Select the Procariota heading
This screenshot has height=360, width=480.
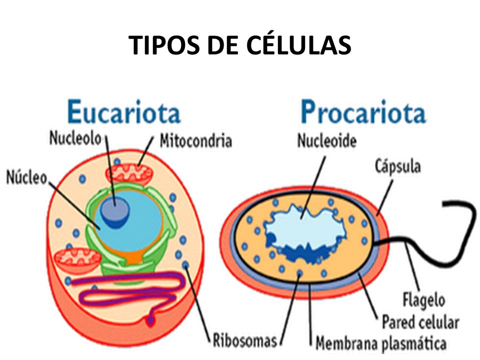point(362,113)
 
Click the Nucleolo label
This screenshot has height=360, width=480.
point(75,138)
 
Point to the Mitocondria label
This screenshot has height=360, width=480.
point(195,140)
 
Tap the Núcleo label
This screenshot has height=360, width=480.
point(26,177)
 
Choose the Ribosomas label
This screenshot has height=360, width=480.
point(244,341)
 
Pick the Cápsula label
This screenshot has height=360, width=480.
point(397,165)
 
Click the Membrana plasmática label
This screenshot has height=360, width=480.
point(380,343)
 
